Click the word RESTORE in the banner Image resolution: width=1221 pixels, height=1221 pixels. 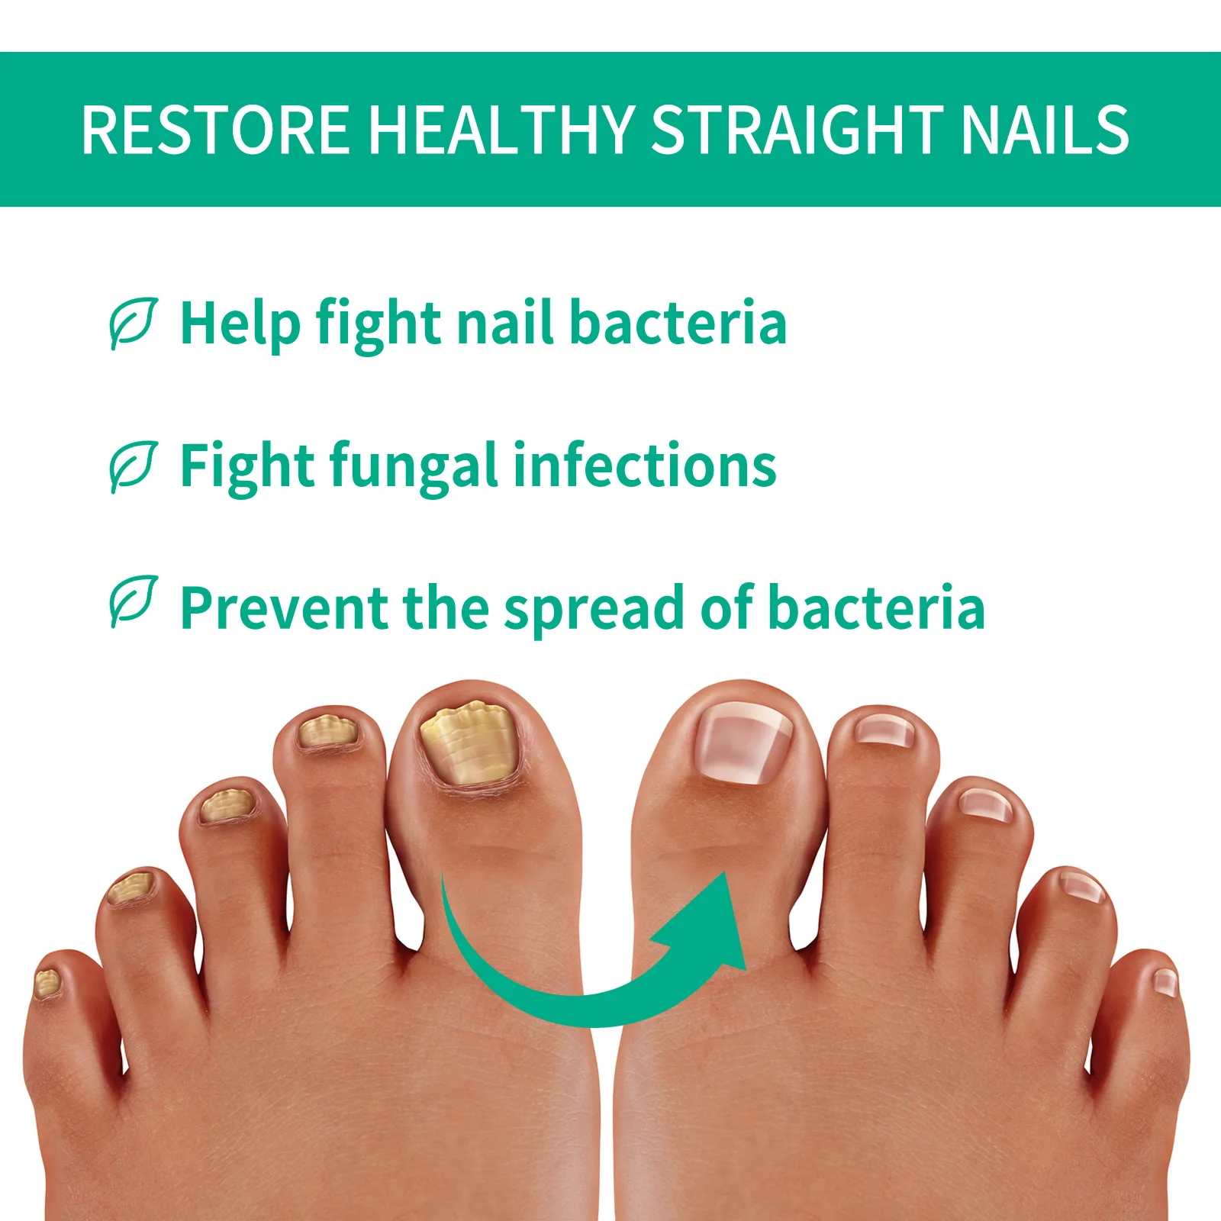pyautogui.click(x=215, y=130)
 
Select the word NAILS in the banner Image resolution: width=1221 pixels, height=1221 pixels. pyautogui.click(x=1045, y=130)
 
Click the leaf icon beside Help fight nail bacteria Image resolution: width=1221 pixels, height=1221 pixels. pyautogui.click(x=133, y=323)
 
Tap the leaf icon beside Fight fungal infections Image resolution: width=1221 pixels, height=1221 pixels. pyautogui.click(x=133, y=466)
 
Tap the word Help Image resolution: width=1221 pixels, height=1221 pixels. pyautogui.click(x=240, y=324)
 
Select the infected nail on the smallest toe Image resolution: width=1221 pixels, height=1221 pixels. pyautogui.click(x=47, y=982)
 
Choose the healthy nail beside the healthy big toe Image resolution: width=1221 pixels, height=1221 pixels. pyautogui.click(x=884, y=730)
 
